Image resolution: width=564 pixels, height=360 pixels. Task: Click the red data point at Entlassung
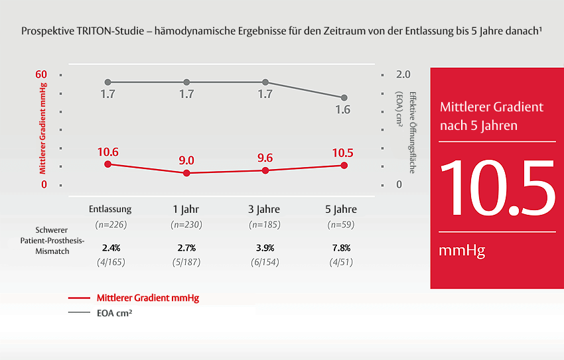click(108, 164)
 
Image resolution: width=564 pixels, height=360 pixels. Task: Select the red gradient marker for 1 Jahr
click(186, 173)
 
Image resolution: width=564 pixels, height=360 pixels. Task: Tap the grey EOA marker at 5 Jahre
click(344, 97)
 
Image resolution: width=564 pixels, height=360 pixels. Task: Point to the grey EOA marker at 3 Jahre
click(265, 82)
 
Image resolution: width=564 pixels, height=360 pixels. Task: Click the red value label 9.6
click(265, 158)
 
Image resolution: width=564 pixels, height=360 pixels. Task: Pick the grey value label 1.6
click(342, 110)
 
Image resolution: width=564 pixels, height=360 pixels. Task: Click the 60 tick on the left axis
click(41, 74)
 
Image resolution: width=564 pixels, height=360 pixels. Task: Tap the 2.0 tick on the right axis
click(403, 74)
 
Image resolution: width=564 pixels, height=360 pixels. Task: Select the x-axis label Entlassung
click(110, 209)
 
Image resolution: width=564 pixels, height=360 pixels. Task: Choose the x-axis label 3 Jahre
click(265, 209)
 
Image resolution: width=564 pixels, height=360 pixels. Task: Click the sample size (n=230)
click(186, 225)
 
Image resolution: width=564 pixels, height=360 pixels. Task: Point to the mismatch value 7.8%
click(342, 248)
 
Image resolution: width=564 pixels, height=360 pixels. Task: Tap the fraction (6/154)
click(265, 262)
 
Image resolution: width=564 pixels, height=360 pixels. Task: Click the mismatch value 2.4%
click(111, 248)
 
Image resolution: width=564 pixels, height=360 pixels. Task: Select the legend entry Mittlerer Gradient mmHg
click(147, 298)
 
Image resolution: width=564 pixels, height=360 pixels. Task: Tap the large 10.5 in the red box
click(497, 188)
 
